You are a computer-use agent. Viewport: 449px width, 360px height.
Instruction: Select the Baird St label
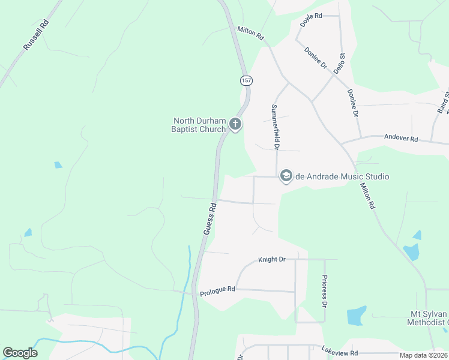443,102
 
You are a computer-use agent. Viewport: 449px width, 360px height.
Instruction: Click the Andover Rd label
401,139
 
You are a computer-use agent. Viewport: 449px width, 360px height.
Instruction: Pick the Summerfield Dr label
276,127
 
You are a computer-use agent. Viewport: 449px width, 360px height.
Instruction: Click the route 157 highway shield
246,80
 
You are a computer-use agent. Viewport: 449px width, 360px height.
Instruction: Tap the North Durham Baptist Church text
199,125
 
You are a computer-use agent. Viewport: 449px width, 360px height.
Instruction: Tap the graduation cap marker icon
286,176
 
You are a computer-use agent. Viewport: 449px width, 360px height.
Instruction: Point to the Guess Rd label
210,218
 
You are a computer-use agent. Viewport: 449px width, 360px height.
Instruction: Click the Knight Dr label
271,260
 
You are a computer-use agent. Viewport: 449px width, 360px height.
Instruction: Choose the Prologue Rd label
217,289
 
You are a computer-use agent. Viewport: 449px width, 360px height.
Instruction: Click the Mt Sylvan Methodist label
429,319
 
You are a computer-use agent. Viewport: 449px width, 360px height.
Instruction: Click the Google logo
20,353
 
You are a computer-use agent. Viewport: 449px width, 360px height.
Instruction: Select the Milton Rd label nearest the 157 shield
250,33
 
